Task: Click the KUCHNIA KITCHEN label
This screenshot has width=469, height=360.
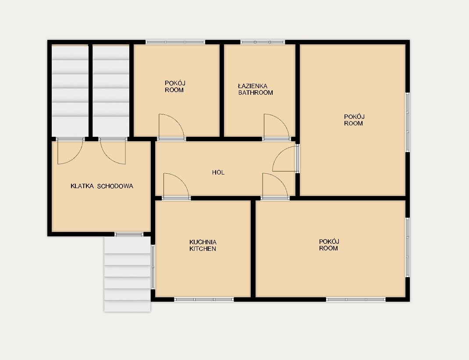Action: (203, 246)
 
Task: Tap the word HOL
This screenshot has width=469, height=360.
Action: (218, 172)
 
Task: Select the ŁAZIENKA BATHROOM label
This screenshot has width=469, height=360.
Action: (256, 89)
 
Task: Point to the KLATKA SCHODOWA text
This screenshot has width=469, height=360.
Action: (102, 186)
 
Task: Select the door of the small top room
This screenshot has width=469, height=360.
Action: (171, 127)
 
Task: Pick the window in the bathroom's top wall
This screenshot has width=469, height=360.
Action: (263, 42)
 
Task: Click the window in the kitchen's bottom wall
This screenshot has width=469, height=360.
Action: (204, 299)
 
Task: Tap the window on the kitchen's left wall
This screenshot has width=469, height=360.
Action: (153, 267)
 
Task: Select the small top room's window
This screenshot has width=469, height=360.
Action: (175, 42)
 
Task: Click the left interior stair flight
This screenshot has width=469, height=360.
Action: (70, 91)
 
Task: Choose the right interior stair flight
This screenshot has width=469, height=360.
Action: (111, 91)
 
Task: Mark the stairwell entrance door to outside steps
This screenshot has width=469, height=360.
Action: (129, 234)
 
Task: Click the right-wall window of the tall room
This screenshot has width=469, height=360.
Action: (407, 122)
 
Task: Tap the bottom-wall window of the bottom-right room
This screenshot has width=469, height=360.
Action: (355, 299)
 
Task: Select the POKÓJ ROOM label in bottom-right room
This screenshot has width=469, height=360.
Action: (329, 245)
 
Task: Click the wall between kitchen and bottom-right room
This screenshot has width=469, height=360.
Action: (253, 249)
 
